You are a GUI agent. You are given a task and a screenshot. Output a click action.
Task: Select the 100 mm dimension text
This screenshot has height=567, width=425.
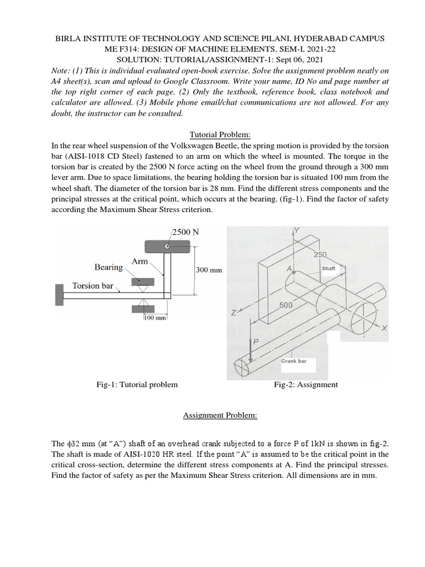click(155, 318)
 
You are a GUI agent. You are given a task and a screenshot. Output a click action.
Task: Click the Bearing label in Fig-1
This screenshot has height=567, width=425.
click(108, 267)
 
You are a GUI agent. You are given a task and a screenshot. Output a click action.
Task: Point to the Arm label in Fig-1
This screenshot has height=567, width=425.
click(139, 261)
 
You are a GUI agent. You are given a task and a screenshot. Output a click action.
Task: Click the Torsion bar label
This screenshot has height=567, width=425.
click(92, 286)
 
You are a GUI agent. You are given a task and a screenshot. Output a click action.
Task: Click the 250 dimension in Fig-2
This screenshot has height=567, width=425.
click(321, 254)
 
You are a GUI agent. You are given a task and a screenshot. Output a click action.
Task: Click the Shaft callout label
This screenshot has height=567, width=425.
click(329, 268)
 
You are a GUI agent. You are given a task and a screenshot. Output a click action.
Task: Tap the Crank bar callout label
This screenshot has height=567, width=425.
click(310, 360)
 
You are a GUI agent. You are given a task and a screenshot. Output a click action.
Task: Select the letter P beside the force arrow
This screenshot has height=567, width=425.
click(256, 342)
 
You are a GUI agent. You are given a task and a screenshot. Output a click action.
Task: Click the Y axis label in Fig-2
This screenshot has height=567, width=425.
click(297, 230)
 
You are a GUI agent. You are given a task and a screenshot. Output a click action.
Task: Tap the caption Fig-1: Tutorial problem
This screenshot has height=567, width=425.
click(137, 384)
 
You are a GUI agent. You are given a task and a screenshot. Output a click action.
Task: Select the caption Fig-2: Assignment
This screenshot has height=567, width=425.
click(305, 384)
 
